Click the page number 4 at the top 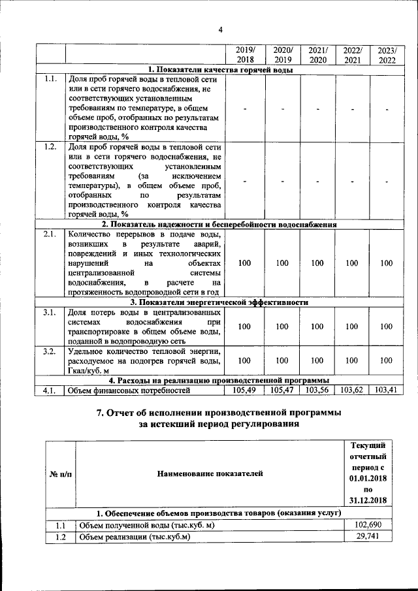coord(220,29)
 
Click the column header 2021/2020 coord(317,55)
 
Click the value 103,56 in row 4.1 coord(317,391)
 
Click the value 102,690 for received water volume coord(367,526)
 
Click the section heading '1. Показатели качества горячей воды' coord(220,70)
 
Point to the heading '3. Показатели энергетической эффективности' coord(220,302)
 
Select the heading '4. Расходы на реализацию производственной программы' coord(220,380)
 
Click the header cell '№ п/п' coord(60,473)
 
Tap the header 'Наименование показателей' coord(210,473)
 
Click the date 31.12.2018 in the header coord(367,500)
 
